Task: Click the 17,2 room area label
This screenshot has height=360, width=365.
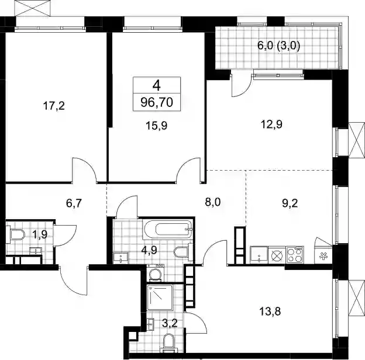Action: [54, 106]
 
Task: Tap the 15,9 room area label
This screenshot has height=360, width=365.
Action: [157, 126]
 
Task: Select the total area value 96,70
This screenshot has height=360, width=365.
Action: [157, 102]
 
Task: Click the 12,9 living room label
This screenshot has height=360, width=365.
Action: [271, 124]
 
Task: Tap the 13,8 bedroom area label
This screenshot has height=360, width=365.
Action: [270, 311]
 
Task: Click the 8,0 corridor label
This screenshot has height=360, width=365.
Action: [213, 202]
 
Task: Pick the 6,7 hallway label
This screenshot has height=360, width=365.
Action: [74, 203]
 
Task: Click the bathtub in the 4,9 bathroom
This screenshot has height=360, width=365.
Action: [168, 229]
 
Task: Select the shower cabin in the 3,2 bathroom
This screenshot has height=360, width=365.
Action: [160, 297]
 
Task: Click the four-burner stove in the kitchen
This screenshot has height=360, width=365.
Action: [295, 255]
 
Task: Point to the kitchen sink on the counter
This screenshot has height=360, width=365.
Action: [259, 255]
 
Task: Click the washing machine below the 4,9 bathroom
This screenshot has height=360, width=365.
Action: [155, 273]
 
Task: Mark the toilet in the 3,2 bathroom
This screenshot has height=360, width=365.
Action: [168, 342]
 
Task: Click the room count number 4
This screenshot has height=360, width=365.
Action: [157, 85]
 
